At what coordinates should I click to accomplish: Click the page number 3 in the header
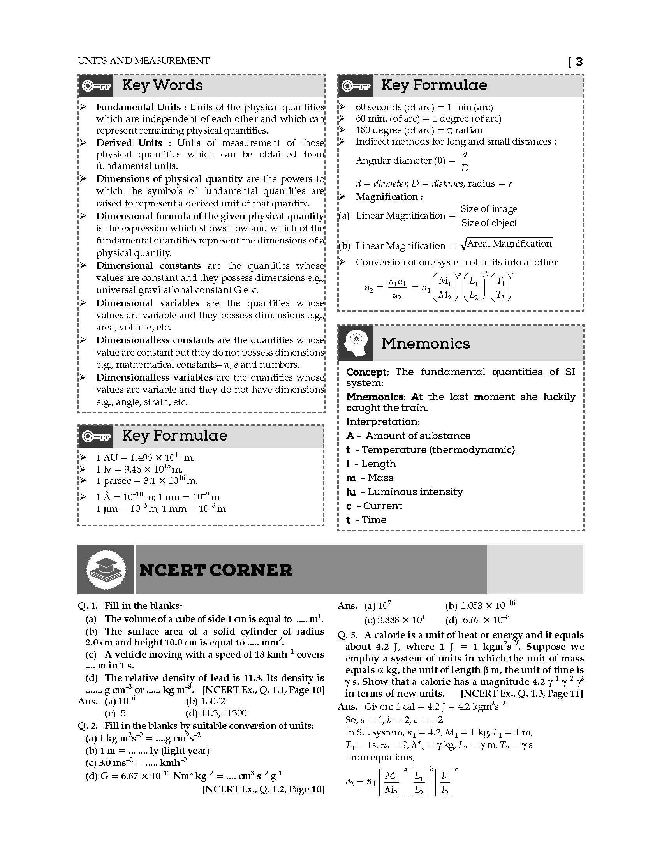click(579, 62)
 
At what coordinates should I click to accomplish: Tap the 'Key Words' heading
click(162, 85)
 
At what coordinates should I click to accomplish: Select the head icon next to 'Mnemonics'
click(355, 343)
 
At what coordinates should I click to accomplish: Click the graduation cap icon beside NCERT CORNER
click(106, 570)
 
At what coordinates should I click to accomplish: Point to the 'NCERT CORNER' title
click(216, 570)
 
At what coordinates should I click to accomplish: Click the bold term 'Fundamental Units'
click(139, 107)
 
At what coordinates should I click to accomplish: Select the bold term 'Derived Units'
click(129, 143)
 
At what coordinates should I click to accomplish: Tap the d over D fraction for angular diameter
click(465, 161)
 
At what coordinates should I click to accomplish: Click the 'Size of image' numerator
click(489, 209)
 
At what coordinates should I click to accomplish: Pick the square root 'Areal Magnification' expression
click(506, 244)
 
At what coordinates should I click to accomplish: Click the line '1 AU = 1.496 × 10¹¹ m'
click(145, 458)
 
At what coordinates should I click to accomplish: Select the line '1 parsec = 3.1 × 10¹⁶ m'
click(146, 481)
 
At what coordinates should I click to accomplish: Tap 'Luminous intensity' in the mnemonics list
click(415, 492)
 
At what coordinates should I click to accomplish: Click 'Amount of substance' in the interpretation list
click(418, 436)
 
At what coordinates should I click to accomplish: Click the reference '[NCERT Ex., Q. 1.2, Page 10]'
click(263, 789)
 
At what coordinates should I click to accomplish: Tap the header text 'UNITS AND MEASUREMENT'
click(144, 61)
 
